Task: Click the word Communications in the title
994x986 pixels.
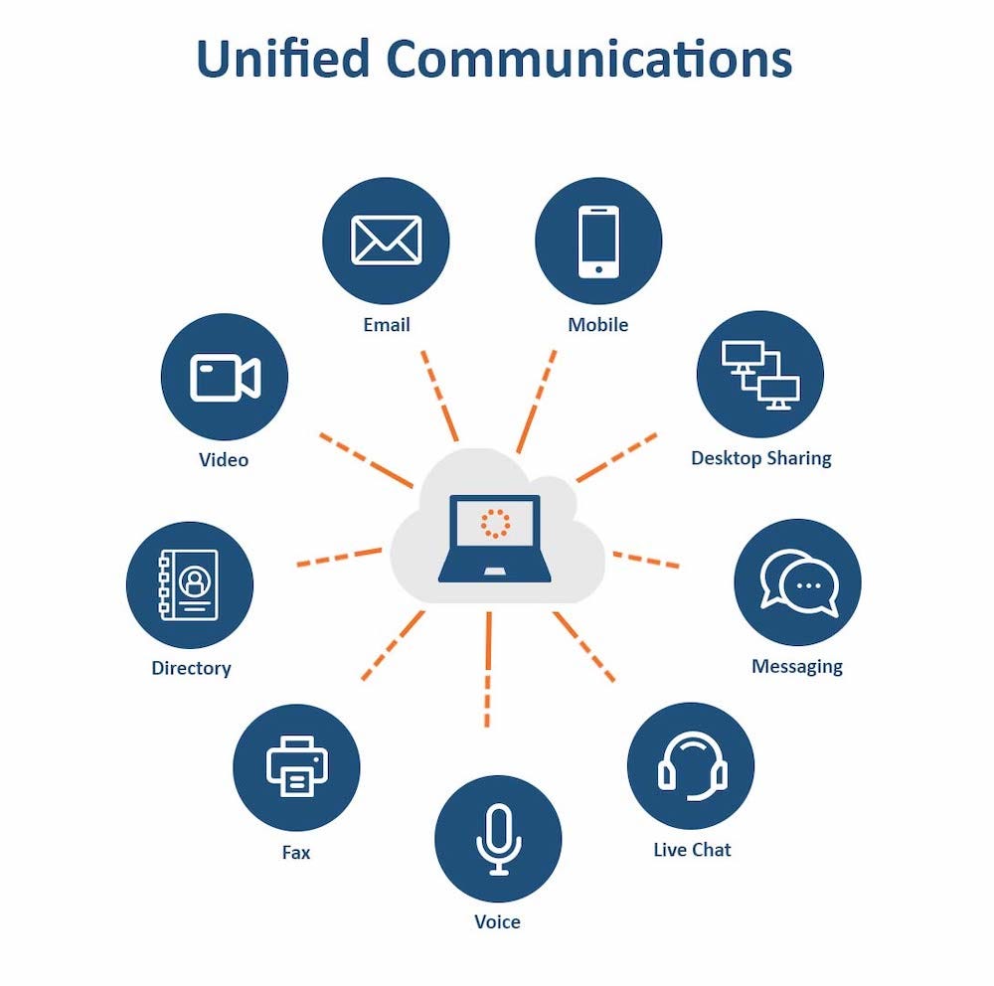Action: click(x=588, y=60)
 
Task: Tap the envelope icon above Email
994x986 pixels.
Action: click(x=386, y=241)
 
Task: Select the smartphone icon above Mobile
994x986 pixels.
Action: click(x=598, y=241)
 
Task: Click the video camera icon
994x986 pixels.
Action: click(x=225, y=378)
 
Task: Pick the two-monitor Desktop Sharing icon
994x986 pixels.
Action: click(x=760, y=375)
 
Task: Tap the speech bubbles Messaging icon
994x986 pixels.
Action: click(x=798, y=582)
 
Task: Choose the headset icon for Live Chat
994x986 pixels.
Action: click(x=692, y=766)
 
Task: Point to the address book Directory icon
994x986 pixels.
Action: click(x=189, y=585)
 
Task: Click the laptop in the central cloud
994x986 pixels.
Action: click(x=495, y=538)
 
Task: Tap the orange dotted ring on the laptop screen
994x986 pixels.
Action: click(x=494, y=523)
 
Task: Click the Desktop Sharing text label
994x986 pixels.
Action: click(x=761, y=458)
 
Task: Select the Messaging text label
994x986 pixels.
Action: click(x=797, y=666)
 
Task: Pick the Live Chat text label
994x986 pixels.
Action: click(x=692, y=850)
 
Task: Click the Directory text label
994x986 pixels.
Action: click(x=191, y=668)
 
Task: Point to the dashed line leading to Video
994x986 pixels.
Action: click(x=365, y=460)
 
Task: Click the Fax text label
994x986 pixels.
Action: click(x=296, y=853)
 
